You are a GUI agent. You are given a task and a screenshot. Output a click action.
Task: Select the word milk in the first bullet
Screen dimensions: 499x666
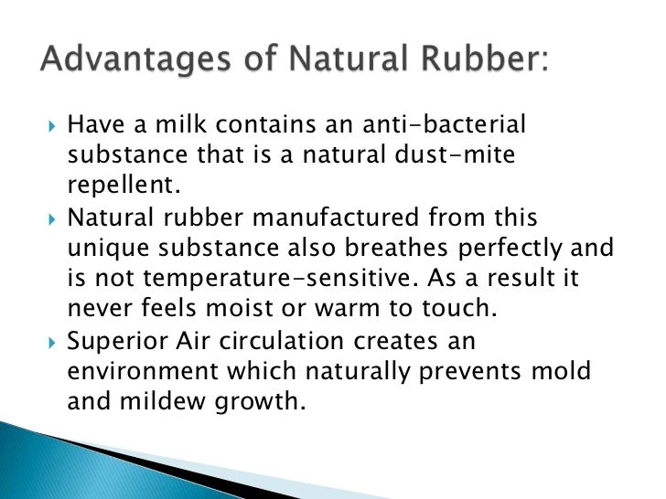click(x=192, y=125)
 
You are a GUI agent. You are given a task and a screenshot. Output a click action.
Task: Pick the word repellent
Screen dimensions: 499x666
click(x=120, y=186)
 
